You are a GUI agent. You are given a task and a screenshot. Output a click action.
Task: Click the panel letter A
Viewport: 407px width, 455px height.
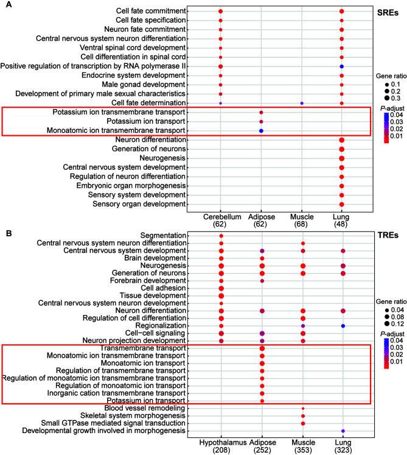click(x=5, y=5)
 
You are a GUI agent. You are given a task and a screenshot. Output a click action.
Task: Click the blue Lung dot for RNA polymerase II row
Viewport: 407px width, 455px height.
click(x=343, y=66)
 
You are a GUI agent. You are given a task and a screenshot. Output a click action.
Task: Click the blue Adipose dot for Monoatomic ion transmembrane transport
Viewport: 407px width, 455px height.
click(x=262, y=131)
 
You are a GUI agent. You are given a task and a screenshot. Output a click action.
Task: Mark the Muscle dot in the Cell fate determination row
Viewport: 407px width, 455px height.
click(x=302, y=104)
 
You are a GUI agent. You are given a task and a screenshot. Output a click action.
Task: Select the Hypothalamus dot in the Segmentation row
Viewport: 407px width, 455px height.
click(x=221, y=236)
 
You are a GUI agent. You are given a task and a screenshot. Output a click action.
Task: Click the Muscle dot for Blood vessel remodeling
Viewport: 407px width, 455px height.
click(x=302, y=408)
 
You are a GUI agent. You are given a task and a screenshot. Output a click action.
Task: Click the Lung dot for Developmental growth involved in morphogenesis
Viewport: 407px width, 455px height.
click(x=343, y=431)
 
